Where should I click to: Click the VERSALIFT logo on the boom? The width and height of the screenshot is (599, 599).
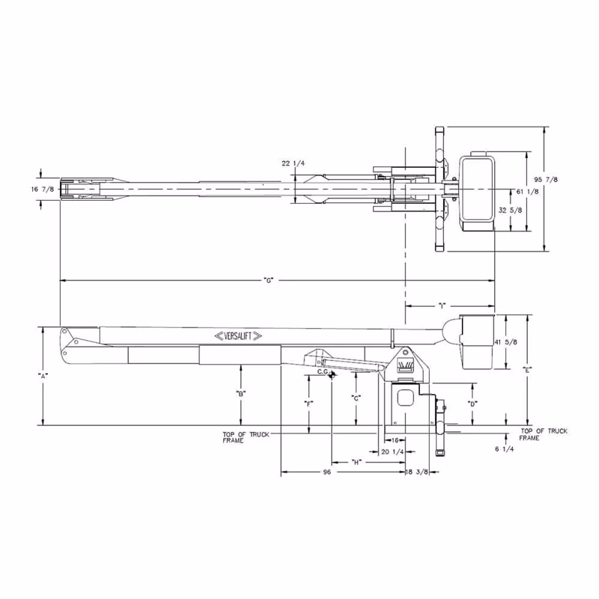pyautogui.click(x=238, y=336)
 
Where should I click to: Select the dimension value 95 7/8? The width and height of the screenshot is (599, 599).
pyautogui.click(x=546, y=179)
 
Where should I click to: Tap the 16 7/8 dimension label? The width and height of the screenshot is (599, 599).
pyautogui.click(x=43, y=189)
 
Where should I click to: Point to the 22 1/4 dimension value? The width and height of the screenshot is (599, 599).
pyautogui.click(x=294, y=163)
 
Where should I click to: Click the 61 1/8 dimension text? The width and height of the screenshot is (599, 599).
pyautogui.click(x=527, y=192)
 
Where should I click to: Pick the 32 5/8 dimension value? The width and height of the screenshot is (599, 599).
pyautogui.click(x=510, y=210)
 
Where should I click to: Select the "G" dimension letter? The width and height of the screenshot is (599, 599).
pyautogui.click(x=269, y=280)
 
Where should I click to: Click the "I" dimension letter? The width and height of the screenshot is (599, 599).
pyautogui.click(x=441, y=305)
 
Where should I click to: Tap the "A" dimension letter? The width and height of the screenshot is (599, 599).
pyautogui.click(x=43, y=376)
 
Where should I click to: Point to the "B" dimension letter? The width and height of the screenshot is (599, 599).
pyautogui.click(x=240, y=394)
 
